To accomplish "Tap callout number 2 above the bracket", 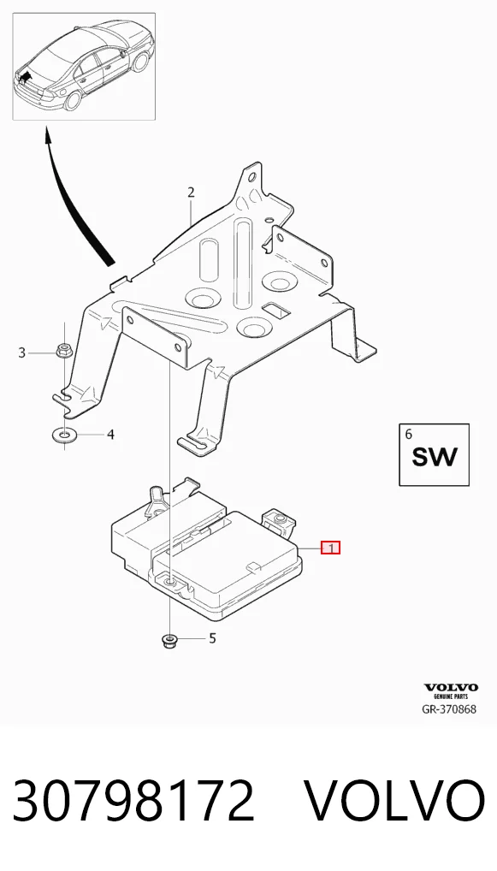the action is [191, 193].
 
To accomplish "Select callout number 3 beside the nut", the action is [21, 353].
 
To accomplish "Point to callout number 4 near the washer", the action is [110, 434].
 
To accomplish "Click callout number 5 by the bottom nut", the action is [212, 639].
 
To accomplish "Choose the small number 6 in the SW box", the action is [409, 434].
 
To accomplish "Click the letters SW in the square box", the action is [435, 457].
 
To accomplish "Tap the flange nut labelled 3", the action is [62, 352].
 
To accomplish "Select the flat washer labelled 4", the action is [64, 434].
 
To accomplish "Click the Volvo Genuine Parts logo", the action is [451, 691].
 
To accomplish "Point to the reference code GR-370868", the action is [449, 709].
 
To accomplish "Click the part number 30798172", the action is [133, 801].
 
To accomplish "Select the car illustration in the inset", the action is [83, 66].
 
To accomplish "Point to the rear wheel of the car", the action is [73, 100].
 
